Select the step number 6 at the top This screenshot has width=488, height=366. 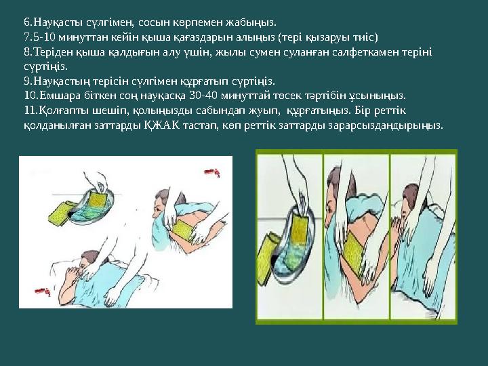(x=26, y=22)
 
